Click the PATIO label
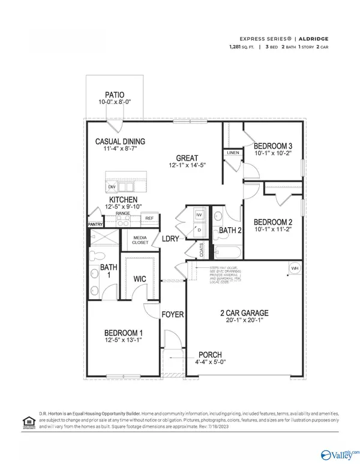[x=115, y=95]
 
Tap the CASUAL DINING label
[x=120, y=142]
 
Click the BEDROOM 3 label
[x=273, y=146]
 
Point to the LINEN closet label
[x=233, y=153]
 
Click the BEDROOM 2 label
[x=273, y=221]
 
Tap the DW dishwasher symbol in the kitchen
[x=112, y=188]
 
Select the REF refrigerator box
[x=149, y=218]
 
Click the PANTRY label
[x=95, y=225]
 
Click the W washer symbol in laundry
[x=200, y=214]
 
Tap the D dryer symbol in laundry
[x=199, y=230]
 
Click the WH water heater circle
[x=295, y=268]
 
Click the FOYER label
[x=173, y=314]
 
